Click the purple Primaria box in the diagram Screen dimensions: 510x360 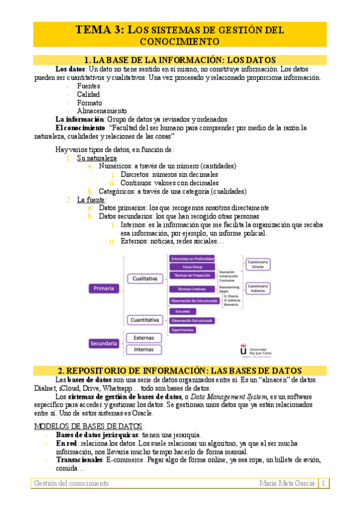[105, 289]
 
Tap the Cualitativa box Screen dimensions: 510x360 [145, 278]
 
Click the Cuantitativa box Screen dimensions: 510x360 [145, 320]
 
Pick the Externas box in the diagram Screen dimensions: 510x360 [144, 338]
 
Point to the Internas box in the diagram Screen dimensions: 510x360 [144, 349]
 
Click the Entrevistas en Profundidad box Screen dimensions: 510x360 [192, 258]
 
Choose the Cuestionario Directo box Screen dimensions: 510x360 [258, 263]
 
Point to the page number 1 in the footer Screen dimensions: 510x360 [323, 484]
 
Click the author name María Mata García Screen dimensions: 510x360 [287, 484]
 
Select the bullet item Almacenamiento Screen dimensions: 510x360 [102, 111]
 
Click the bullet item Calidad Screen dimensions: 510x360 [88, 94]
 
